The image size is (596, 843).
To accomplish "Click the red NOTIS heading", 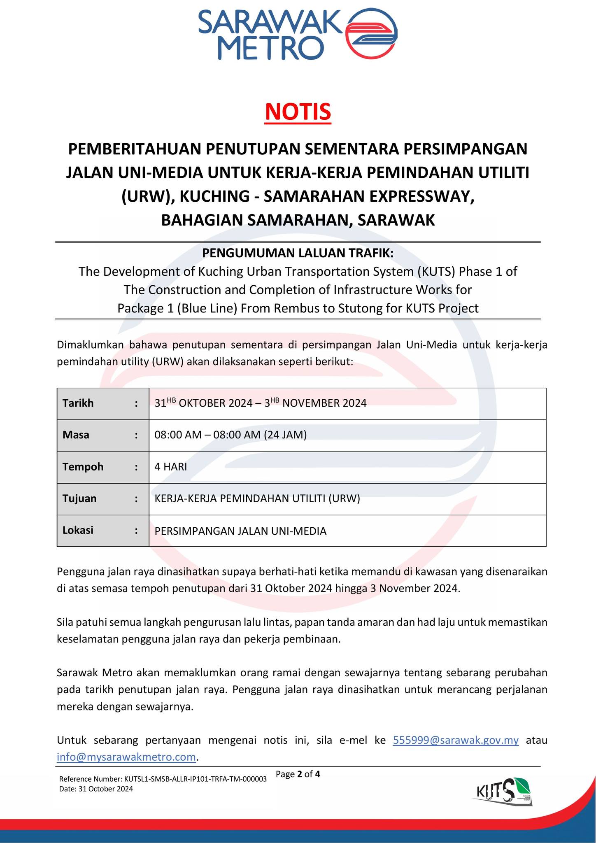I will point(298,112).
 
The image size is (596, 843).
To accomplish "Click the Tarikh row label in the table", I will point(78,403).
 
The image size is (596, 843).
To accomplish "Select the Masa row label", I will point(76,435).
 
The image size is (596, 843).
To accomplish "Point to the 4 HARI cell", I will point(170,467).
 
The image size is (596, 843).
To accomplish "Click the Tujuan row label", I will point(79,498).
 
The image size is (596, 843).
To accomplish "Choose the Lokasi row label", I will point(78,530).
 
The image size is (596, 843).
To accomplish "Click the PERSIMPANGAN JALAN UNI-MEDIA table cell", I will point(240,531).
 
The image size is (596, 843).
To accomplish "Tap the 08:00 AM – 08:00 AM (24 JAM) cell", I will point(230,435).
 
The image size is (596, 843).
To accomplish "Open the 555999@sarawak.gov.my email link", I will point(456,740).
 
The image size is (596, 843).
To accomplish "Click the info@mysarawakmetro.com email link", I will point(126,757).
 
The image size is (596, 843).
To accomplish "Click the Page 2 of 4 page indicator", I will point(298,774).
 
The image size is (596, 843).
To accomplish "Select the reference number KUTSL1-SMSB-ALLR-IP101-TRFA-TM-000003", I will point(163,779).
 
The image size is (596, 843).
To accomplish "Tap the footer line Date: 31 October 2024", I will point(96,789).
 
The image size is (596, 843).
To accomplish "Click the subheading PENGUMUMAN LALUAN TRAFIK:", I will point(298,253).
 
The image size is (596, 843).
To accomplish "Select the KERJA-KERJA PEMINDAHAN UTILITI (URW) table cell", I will point(257,498).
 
